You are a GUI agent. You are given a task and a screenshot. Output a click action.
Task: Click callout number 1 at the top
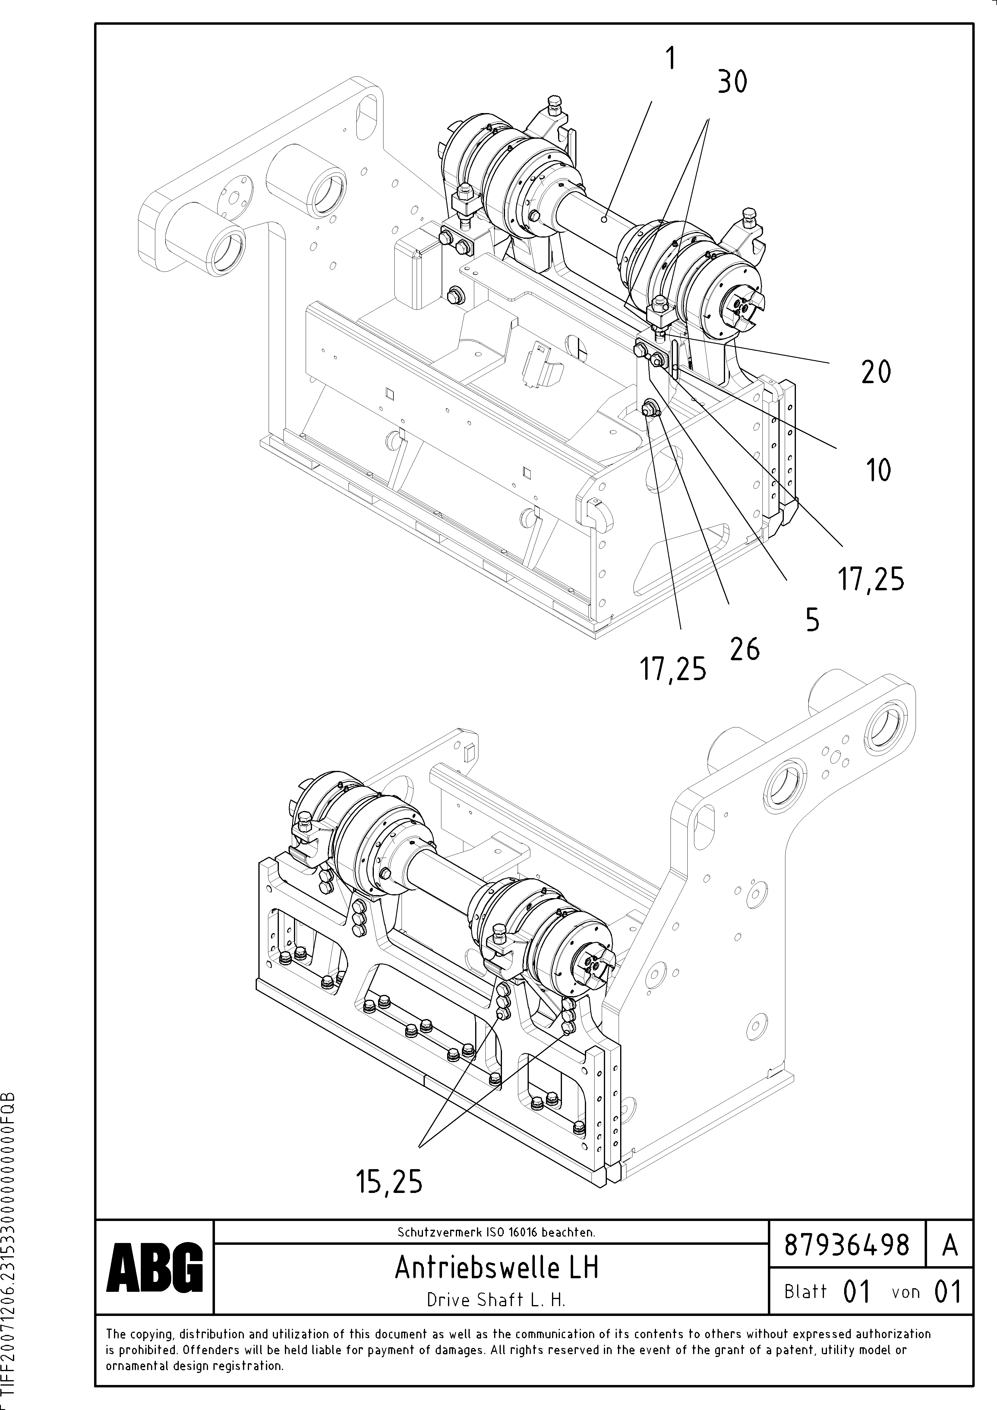(671, 60)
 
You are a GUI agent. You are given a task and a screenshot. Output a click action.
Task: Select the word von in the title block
(905, 1292)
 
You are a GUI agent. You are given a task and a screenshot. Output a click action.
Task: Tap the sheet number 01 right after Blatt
(857, 1292)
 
